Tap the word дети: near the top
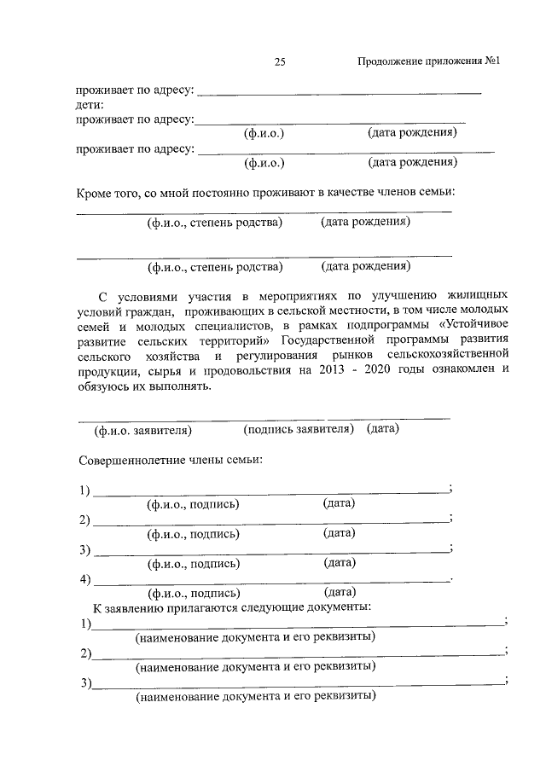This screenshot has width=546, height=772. (89, 104)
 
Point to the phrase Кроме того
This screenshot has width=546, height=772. (108, 194)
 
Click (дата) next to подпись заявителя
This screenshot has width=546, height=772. (383, 429)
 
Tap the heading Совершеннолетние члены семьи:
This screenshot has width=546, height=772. (169, 461)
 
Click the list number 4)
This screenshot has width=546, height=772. (84, 581)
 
